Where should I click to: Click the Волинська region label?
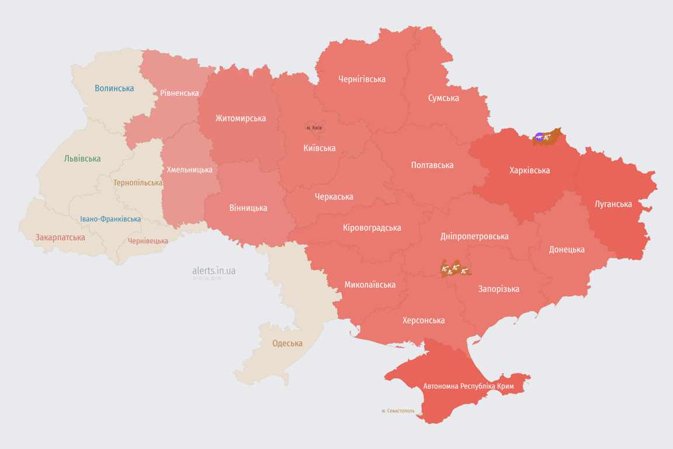(115, 88)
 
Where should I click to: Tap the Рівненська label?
(179, 93)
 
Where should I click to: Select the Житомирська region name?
(240, 118)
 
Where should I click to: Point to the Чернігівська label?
(362, 79)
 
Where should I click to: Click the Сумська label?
(443, 98)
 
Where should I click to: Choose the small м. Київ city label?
(314, 127)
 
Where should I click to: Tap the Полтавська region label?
(432, 165)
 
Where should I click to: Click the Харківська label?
(529, 170)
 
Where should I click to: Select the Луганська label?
(613, 204)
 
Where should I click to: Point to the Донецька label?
(566, 249)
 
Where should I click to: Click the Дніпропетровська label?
(474, 236)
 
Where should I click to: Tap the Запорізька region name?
(498, 289)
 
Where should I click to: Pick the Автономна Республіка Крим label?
(468, 386)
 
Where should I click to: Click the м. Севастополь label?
(398, 410)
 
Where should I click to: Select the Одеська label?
(287, 343)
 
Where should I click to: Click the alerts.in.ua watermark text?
(214, 271)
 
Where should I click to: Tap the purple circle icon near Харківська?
(539, 137)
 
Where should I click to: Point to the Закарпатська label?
(60, 237)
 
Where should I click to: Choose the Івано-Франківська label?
(110, 219)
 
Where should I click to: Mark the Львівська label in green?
(82, 158)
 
